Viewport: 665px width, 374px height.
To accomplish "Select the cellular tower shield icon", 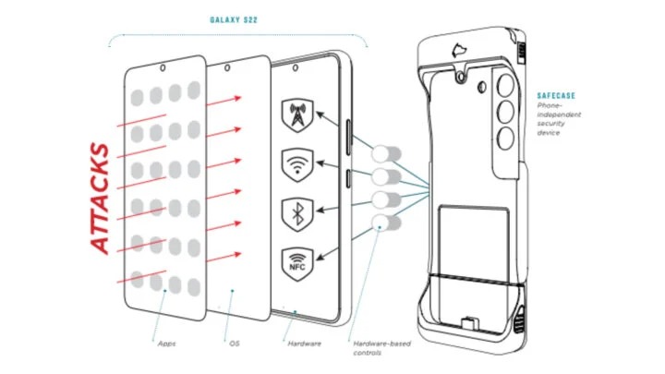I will pos(296,115).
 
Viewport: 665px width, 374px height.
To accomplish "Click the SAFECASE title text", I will pos(557,95).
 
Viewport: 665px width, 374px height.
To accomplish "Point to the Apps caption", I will pos(167,343).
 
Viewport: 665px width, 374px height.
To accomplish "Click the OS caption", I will pos(234,343).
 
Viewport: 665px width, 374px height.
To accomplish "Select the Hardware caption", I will pos(303,343).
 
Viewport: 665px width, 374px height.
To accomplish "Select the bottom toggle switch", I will pos(386,223).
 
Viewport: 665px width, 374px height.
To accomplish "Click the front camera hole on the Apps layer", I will pos(163,66).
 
